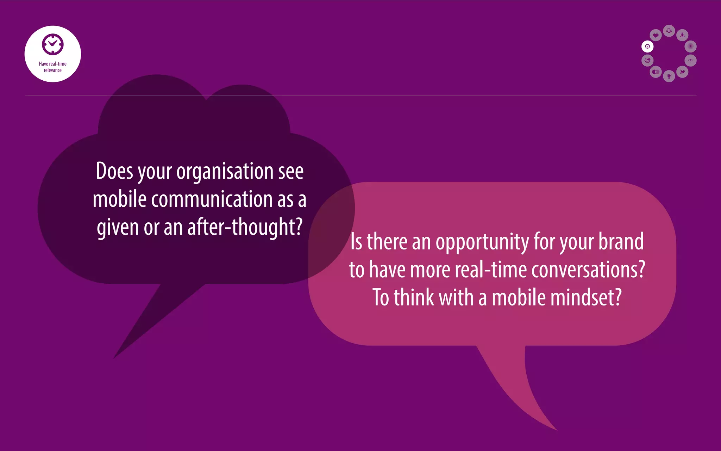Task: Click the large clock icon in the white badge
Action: (53, 44)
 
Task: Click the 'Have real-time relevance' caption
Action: (53, 67)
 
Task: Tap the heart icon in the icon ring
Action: (656, 35)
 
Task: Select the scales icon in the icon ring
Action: (669, 31)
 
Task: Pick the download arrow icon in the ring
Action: (682, 35)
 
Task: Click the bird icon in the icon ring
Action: (682, 72)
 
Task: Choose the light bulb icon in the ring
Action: (669, 76)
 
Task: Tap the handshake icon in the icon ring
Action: (647, 61)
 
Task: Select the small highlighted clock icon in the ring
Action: (647, 47)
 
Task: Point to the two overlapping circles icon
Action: (656, 72)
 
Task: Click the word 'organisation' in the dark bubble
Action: (225, 172)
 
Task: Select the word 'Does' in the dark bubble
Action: (114, 171)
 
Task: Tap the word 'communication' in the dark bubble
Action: (212, 199)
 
